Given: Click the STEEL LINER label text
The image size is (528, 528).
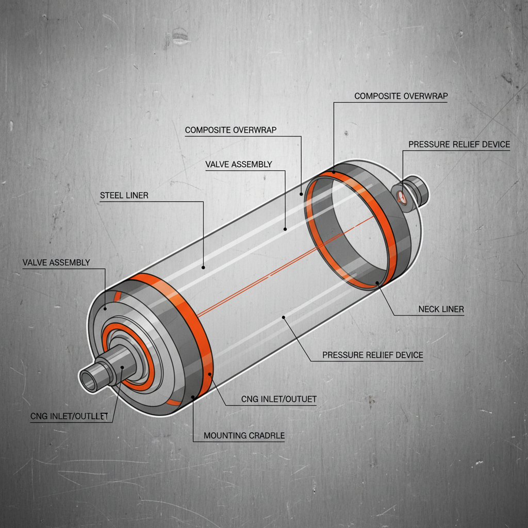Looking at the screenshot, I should pos(124,195).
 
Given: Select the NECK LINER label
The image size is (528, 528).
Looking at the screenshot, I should pos(441,309).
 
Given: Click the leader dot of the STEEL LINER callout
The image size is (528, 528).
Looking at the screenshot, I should pos(204,267).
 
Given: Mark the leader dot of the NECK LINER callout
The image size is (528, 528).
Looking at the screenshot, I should pos(378,282).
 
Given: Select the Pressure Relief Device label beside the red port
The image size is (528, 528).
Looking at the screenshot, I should pos(459,144).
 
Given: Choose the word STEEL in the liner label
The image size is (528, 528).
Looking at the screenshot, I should pos(112,195).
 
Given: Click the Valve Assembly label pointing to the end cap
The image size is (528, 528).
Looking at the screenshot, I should pos(56,262).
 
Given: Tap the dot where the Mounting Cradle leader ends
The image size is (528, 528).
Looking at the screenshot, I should pos(193,397).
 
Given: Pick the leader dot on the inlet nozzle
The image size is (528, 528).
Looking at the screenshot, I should pos(122,368).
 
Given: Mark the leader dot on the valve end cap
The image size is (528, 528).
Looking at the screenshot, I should pos(105,309).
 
